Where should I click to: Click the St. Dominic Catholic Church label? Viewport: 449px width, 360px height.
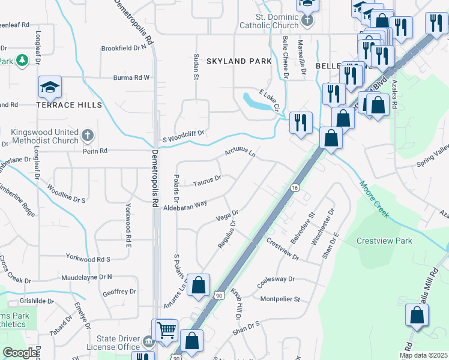coord(269,21)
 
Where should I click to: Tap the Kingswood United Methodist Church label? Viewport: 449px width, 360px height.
coord(45,136)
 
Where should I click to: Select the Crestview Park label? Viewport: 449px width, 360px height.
coord(384,241)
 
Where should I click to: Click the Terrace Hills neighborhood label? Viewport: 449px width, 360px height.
coord(69,105)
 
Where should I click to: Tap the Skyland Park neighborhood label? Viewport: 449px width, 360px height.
coord(239,61)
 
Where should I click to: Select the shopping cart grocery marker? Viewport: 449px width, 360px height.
coord(166,329)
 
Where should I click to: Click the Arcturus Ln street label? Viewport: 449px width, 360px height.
coord(241,154)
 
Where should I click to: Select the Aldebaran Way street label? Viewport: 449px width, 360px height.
coord(185,205)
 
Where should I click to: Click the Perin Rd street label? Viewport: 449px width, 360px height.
coord(95,151)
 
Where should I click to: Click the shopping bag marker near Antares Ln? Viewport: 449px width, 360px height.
coord(199,284)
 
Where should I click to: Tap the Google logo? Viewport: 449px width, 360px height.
coord(20,353)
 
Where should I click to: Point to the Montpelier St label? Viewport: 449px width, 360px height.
coord(280,299)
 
